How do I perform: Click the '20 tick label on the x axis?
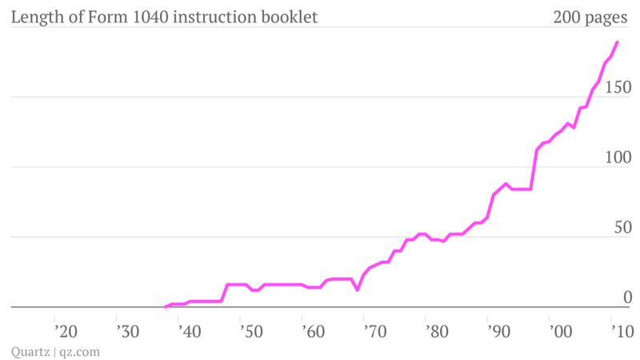66,330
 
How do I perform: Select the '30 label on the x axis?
128,330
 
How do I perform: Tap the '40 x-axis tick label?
190,330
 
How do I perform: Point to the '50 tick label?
252,330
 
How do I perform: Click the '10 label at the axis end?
619,330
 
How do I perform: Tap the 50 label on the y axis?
622,227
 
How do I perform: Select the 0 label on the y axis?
627,298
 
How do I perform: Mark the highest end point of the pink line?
617,42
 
